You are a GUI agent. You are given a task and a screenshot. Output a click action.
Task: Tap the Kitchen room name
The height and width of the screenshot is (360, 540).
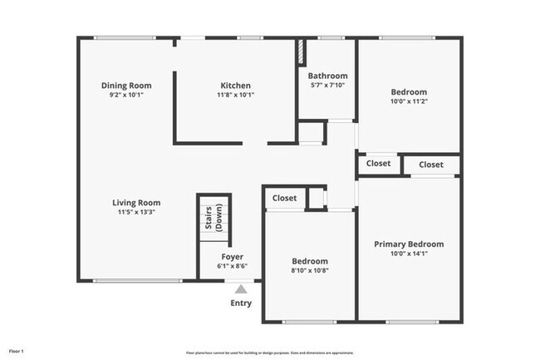tap(235, 86)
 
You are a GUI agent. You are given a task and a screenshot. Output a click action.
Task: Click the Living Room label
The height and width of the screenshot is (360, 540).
tap(136, 202)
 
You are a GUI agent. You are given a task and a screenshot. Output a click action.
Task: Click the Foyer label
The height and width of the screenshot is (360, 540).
tap(232, 257)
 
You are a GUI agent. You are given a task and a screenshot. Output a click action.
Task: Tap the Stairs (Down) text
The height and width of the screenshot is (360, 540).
tap(214, 218)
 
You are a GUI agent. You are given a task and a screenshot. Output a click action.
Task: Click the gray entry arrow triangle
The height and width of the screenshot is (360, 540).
tap(240, 289)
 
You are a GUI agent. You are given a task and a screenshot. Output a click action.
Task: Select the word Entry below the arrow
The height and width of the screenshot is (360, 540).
tap(240, 303)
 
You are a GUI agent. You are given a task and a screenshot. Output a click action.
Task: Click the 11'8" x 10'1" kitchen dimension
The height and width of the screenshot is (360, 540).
tap(235, 95)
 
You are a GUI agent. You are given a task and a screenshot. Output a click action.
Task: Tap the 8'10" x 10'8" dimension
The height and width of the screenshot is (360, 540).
tap(309, 270)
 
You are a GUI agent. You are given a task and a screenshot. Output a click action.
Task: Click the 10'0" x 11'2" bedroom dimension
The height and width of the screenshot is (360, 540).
tap(408, 101)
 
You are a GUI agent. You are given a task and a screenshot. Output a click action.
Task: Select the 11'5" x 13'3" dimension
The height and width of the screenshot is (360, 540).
tap(136, 212)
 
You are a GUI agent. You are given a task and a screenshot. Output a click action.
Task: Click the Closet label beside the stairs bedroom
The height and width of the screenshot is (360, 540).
tap(284, 198)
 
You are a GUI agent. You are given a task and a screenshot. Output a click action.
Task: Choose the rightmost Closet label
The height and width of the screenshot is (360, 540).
tap(430, 165)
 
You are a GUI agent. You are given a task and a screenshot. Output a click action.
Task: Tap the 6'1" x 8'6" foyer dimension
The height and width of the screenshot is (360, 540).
tap(232, 266)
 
